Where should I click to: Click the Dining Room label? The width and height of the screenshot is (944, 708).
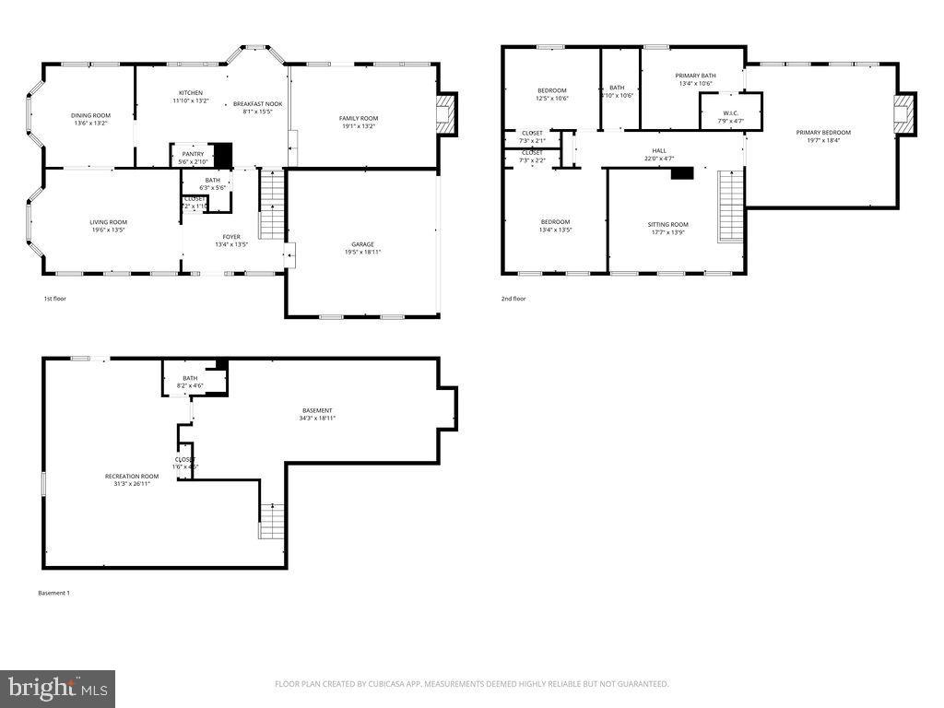(90, 115)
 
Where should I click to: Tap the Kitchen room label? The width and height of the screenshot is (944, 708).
(191, 93)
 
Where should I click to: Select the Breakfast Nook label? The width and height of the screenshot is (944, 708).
(257, 104)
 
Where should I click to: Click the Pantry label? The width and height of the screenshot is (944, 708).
(192, 154)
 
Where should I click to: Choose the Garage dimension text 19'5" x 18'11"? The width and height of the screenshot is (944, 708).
(362, 252)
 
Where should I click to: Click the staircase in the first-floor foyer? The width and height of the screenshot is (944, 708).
(270, 204)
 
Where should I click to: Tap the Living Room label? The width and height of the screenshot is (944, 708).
(108, 222)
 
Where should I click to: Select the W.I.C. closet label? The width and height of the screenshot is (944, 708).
(730, 113)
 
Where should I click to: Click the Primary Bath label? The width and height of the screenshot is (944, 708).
(695, 76)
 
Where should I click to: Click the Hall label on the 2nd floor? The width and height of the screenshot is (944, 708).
(659, 150)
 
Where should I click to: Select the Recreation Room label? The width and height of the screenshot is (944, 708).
(131, 476)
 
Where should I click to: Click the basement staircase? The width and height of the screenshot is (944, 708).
(272, 521)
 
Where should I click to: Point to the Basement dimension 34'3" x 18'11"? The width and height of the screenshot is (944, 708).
(317, 419)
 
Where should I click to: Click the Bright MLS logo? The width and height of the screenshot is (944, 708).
(58, 688)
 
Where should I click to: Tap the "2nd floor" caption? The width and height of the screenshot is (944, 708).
(513, 299)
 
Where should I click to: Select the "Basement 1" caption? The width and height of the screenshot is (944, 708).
(53, 593)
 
